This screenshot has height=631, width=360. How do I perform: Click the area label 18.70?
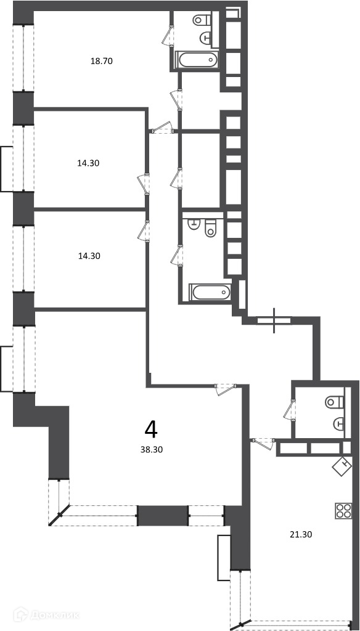pyautogui.click(x=102, y=62)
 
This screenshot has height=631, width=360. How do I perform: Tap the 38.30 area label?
pyautogui.click(x=152, y=450)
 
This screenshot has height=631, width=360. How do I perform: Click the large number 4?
pyautogui.click(x=151, y=429)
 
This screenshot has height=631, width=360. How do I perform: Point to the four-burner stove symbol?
pyautogui.click(x=343, y=511)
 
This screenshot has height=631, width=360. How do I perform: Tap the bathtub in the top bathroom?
pyautogui.click(x=197, y=60)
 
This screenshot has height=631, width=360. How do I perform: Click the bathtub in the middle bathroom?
pyautogui.click(x=211, y=291)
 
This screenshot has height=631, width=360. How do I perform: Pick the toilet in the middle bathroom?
pyautogui.click(x=210, y=228)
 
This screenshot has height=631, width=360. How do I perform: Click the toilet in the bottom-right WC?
pyautogui.click(x=335, y=401)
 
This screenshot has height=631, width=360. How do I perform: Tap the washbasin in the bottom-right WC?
pyautogui.click(x=339, y=423)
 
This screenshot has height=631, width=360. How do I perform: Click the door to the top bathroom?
pyautogui.click(x=168, y=35)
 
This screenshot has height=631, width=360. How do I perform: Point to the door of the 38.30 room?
pyautogui.click(x=226, y=389)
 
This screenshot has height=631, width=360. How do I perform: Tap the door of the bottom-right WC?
pyautogui.click(x=289, y=409)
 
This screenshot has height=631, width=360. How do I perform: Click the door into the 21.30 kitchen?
pyautogui.click(x=264, y=444)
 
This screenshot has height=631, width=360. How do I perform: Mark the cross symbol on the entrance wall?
pyautogui.click(x=274, y=320)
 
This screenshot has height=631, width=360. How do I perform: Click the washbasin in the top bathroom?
pyautogui.click(x=207, y=38)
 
